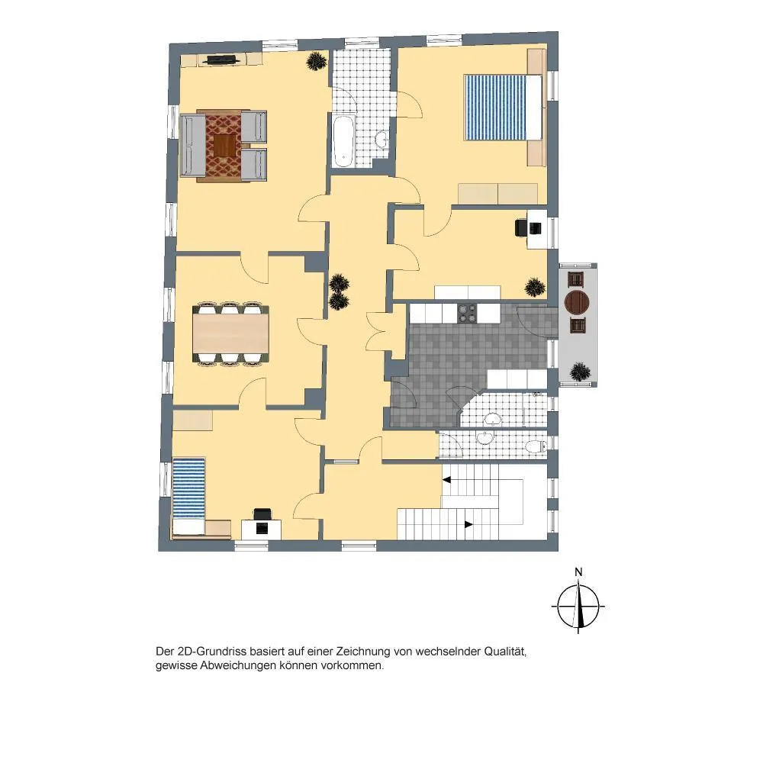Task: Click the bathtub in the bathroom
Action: [343, 140]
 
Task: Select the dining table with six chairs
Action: [230, 333]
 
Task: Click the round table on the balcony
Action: [577, 303]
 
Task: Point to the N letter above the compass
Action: [578, 572]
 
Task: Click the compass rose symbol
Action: [578, 607]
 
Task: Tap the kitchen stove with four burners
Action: [467, 313]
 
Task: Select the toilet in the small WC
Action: [536, 446]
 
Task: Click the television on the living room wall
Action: [221, 60]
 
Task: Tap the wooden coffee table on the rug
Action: [224, 146]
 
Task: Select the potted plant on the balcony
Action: [580, 372]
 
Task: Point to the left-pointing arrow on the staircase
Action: [446, 480]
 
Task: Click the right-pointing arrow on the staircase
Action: [468, 525]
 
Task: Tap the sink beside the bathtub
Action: [382, 140]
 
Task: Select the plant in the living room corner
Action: [317, 61]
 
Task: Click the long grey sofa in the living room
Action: [192, 145]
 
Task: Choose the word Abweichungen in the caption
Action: [238, 665]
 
